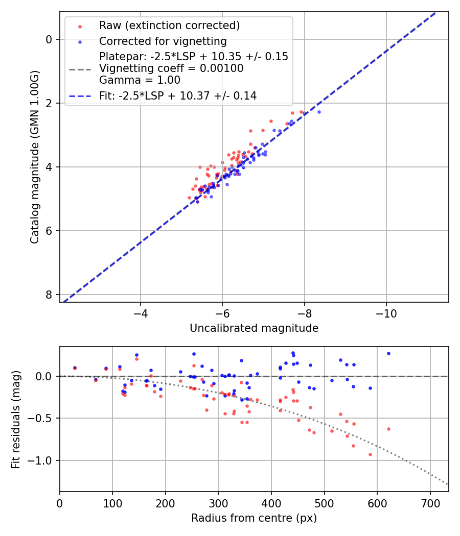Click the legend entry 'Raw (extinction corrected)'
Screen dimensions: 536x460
[169, 26]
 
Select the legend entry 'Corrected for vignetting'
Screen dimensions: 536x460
[163, 41]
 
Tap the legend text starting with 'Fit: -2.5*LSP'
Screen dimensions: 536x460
[177, 95]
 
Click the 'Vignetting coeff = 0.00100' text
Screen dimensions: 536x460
[171, 68]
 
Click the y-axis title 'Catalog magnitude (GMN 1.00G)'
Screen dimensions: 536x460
[34, 157]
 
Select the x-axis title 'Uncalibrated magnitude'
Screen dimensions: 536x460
[254, 328]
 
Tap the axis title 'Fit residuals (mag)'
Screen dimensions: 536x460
[16, 419]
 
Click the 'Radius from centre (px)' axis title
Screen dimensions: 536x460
[254, 518]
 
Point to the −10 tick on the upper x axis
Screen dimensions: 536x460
[386, 312]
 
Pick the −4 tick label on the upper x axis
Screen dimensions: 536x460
[141, 312]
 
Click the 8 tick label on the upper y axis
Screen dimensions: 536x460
[49, 295]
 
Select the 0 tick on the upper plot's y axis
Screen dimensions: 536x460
[49, 39]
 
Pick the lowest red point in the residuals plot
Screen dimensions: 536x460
[370, 454]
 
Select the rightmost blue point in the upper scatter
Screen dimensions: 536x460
[319, 112]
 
